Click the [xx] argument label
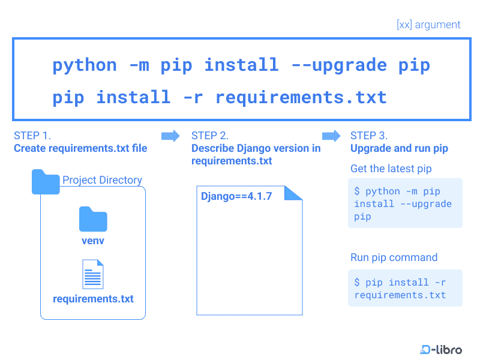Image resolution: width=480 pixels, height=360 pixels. coord(428,25)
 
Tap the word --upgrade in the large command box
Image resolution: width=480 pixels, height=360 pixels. coord(340,65)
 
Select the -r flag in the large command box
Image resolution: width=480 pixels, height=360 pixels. coord(193,98)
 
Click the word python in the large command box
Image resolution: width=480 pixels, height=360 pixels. coord(85,65)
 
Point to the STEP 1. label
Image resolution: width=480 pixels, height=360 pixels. coord(32,136)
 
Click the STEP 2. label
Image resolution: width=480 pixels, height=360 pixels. coord(210,136)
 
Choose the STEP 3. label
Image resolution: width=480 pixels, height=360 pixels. coord(369,136)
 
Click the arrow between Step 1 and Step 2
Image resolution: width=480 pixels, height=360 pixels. coord(170,136)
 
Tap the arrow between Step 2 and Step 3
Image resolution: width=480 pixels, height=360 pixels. coord(331,136)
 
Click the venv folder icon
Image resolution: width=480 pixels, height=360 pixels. coord(93,219)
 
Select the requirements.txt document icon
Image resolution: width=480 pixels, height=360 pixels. coord(93,274)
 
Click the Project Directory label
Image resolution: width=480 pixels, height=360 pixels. coord(102,180)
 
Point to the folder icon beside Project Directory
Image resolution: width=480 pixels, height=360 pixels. coord(46,182)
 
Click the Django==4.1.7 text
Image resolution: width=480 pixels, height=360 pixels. coord(236,196)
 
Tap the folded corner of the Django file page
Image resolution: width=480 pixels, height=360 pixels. coord(293,193)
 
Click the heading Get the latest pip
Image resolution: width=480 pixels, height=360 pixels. coord(391,169)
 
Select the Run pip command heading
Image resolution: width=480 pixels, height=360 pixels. coord(394,257)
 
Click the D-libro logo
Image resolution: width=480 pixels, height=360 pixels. coord(441,349)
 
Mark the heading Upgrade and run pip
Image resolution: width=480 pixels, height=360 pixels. coord(399,148)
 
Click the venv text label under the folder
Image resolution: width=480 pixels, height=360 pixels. coord(93,241)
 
